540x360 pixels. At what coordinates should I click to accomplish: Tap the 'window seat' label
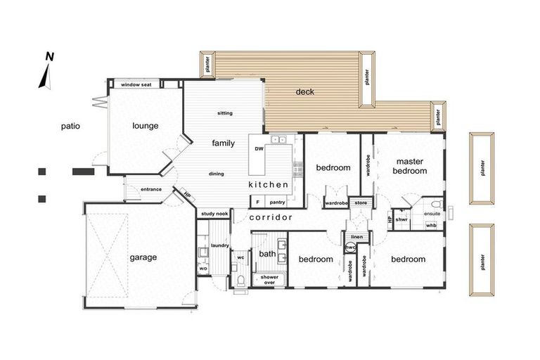tap(136, 84)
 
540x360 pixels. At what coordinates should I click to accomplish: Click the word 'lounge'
tap(146, 126)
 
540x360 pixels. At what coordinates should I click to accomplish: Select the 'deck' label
tap(304, 91)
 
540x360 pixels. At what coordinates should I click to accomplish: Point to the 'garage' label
tap(143, 257)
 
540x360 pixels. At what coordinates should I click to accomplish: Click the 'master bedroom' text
tap(410, 166)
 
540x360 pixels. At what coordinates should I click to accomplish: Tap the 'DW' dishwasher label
tap(259, 149)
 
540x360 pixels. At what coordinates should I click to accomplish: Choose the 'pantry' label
tap(277, 202)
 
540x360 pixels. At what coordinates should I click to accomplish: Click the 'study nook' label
tap(214, 214)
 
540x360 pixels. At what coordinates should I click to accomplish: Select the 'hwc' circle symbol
tap(350, 247)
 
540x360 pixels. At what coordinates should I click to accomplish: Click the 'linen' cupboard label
tap(356, 237)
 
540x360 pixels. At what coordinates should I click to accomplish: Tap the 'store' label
tap(361, 203)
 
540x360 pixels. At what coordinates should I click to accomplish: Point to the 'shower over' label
tap(269, 280)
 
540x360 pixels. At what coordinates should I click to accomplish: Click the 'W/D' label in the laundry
tap(203, 269)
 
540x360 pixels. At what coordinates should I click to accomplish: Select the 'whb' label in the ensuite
tap(431, 225)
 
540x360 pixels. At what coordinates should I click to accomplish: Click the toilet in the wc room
tap(241, 281)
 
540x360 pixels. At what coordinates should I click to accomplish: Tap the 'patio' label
tap(70, 126)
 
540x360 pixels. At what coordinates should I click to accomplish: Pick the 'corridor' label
tap(271, 217)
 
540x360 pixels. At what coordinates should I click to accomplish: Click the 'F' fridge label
tap(257, 202)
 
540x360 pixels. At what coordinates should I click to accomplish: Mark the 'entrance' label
tap(151, 189)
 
